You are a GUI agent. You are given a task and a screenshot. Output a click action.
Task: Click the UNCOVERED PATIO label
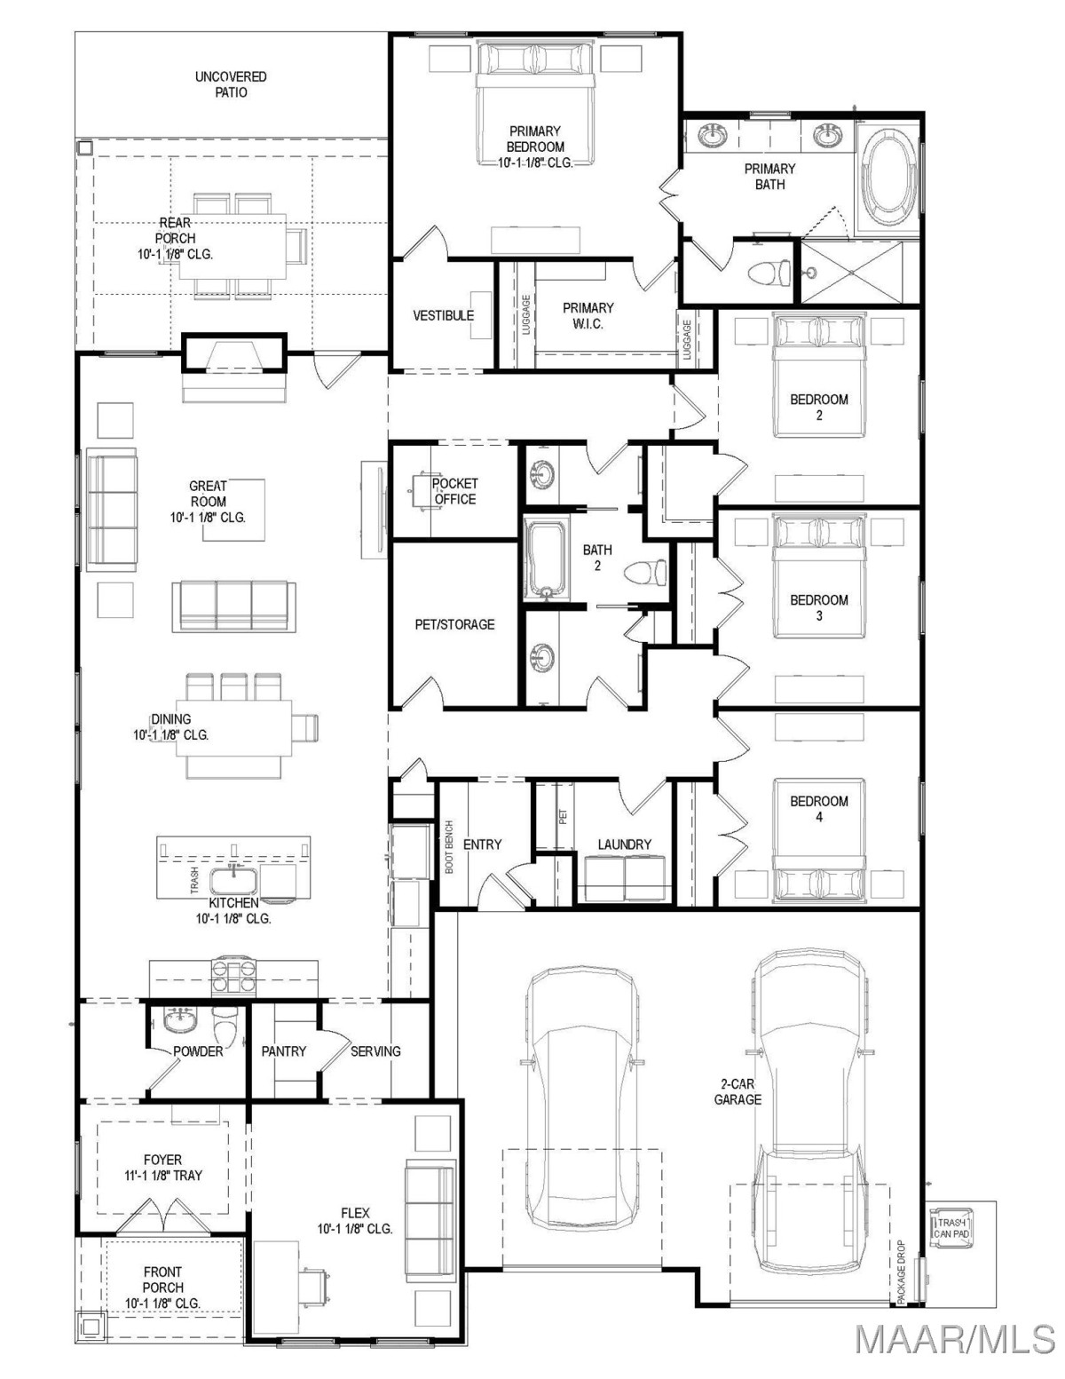[231, 84]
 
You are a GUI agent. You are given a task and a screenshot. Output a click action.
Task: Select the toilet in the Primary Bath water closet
[769, 273]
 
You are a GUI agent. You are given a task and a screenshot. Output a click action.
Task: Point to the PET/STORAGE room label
[454, 624]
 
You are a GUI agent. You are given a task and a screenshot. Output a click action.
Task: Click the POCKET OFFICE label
[454, 491]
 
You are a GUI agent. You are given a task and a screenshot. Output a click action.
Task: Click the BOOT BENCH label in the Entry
[449, 847]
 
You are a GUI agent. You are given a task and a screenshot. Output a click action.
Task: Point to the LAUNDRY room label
[624, 844]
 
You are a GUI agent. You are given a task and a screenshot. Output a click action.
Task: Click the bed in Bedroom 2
[819, 375]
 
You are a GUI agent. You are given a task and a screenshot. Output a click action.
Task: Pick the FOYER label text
[162, 1160]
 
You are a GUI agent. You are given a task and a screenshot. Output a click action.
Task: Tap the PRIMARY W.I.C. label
[588, 316]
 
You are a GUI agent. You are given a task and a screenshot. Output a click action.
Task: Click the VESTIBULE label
[444, 315]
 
